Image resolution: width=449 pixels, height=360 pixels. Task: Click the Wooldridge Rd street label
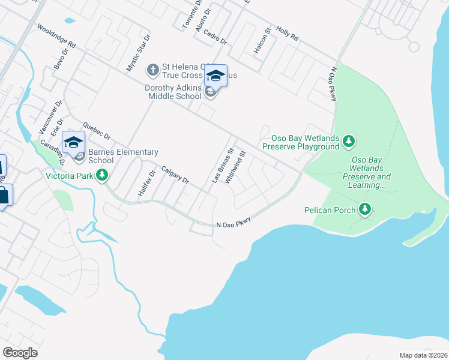(x=56, y=37)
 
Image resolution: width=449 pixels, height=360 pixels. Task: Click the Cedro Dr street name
(x=214, y=37)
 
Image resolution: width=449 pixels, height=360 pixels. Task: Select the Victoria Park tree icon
(x=103, y=175)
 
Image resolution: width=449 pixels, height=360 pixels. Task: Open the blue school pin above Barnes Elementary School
(x=73, y=142)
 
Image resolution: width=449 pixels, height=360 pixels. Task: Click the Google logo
(x=20, y=352)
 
